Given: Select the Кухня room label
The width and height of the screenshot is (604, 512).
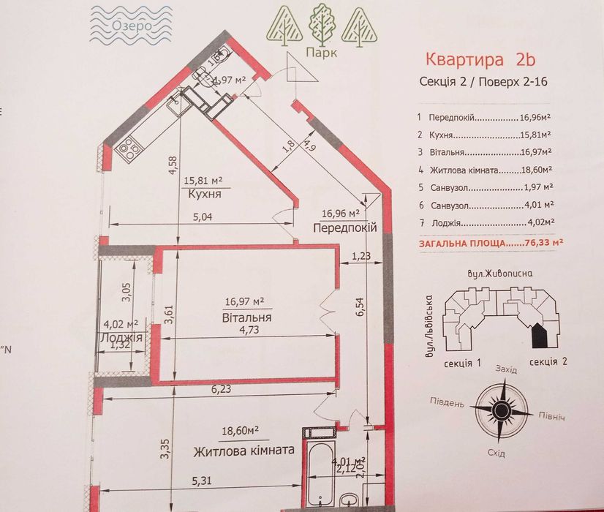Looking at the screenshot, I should click(204, 195).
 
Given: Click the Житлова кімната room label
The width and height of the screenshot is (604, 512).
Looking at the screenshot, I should click(244, 451).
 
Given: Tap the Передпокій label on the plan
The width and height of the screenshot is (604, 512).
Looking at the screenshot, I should click(344, 227).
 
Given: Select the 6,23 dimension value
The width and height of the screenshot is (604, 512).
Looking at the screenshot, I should click(220, 390).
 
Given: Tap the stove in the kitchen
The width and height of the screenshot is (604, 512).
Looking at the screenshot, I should click(129, 148).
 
